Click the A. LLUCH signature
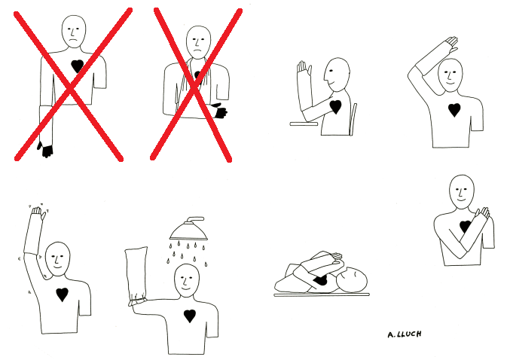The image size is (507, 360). point(405,334)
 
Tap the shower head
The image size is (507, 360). point(188,229)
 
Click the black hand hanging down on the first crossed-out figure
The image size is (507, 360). point(46,150)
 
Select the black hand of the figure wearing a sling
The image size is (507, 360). point(219,111)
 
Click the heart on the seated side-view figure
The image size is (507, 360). point(335,106)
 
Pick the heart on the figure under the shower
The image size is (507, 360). point(190,316)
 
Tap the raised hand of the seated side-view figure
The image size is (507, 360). point(304,68)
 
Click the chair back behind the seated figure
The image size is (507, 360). point(353,119)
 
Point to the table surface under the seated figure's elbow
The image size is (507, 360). point(304,124)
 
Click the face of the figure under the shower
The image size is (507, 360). point(187,280)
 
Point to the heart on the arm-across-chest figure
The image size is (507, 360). point(465,226)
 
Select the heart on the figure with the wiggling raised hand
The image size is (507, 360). point(62,294)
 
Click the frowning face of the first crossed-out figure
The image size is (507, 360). point(74,32)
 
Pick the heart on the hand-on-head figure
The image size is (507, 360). point(454,110)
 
